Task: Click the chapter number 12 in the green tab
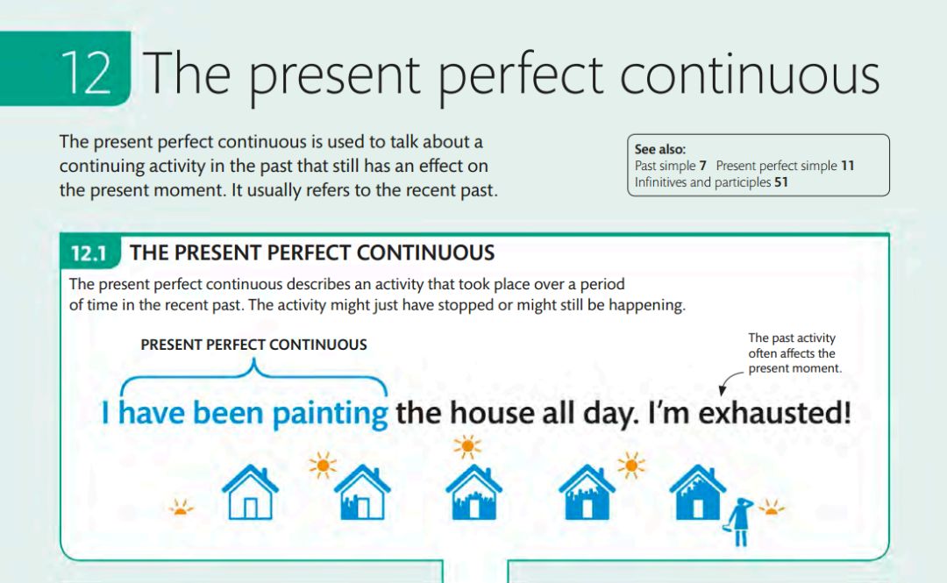point(86,73)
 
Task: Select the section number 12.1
point(89,253)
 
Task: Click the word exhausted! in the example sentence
point(774,413)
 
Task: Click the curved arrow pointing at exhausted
point(728,380)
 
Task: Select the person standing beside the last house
point(738,522)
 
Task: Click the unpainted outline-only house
point(250,493)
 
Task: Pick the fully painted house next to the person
point(698,493)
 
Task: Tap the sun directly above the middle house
point(467,447)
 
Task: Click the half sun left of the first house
point(180,508)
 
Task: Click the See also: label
point(660,149)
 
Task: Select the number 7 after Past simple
point(702,166)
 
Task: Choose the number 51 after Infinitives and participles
point(781,182)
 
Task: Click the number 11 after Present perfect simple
point(847,166)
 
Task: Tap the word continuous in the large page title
point(750,75)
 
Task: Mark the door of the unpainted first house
point(250,508)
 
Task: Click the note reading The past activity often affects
point(794,352)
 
